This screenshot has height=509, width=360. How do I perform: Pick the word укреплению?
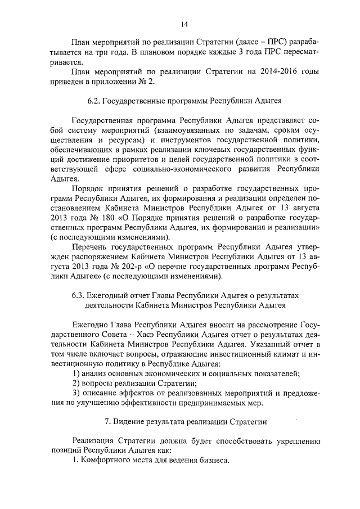(x=294, y=440)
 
